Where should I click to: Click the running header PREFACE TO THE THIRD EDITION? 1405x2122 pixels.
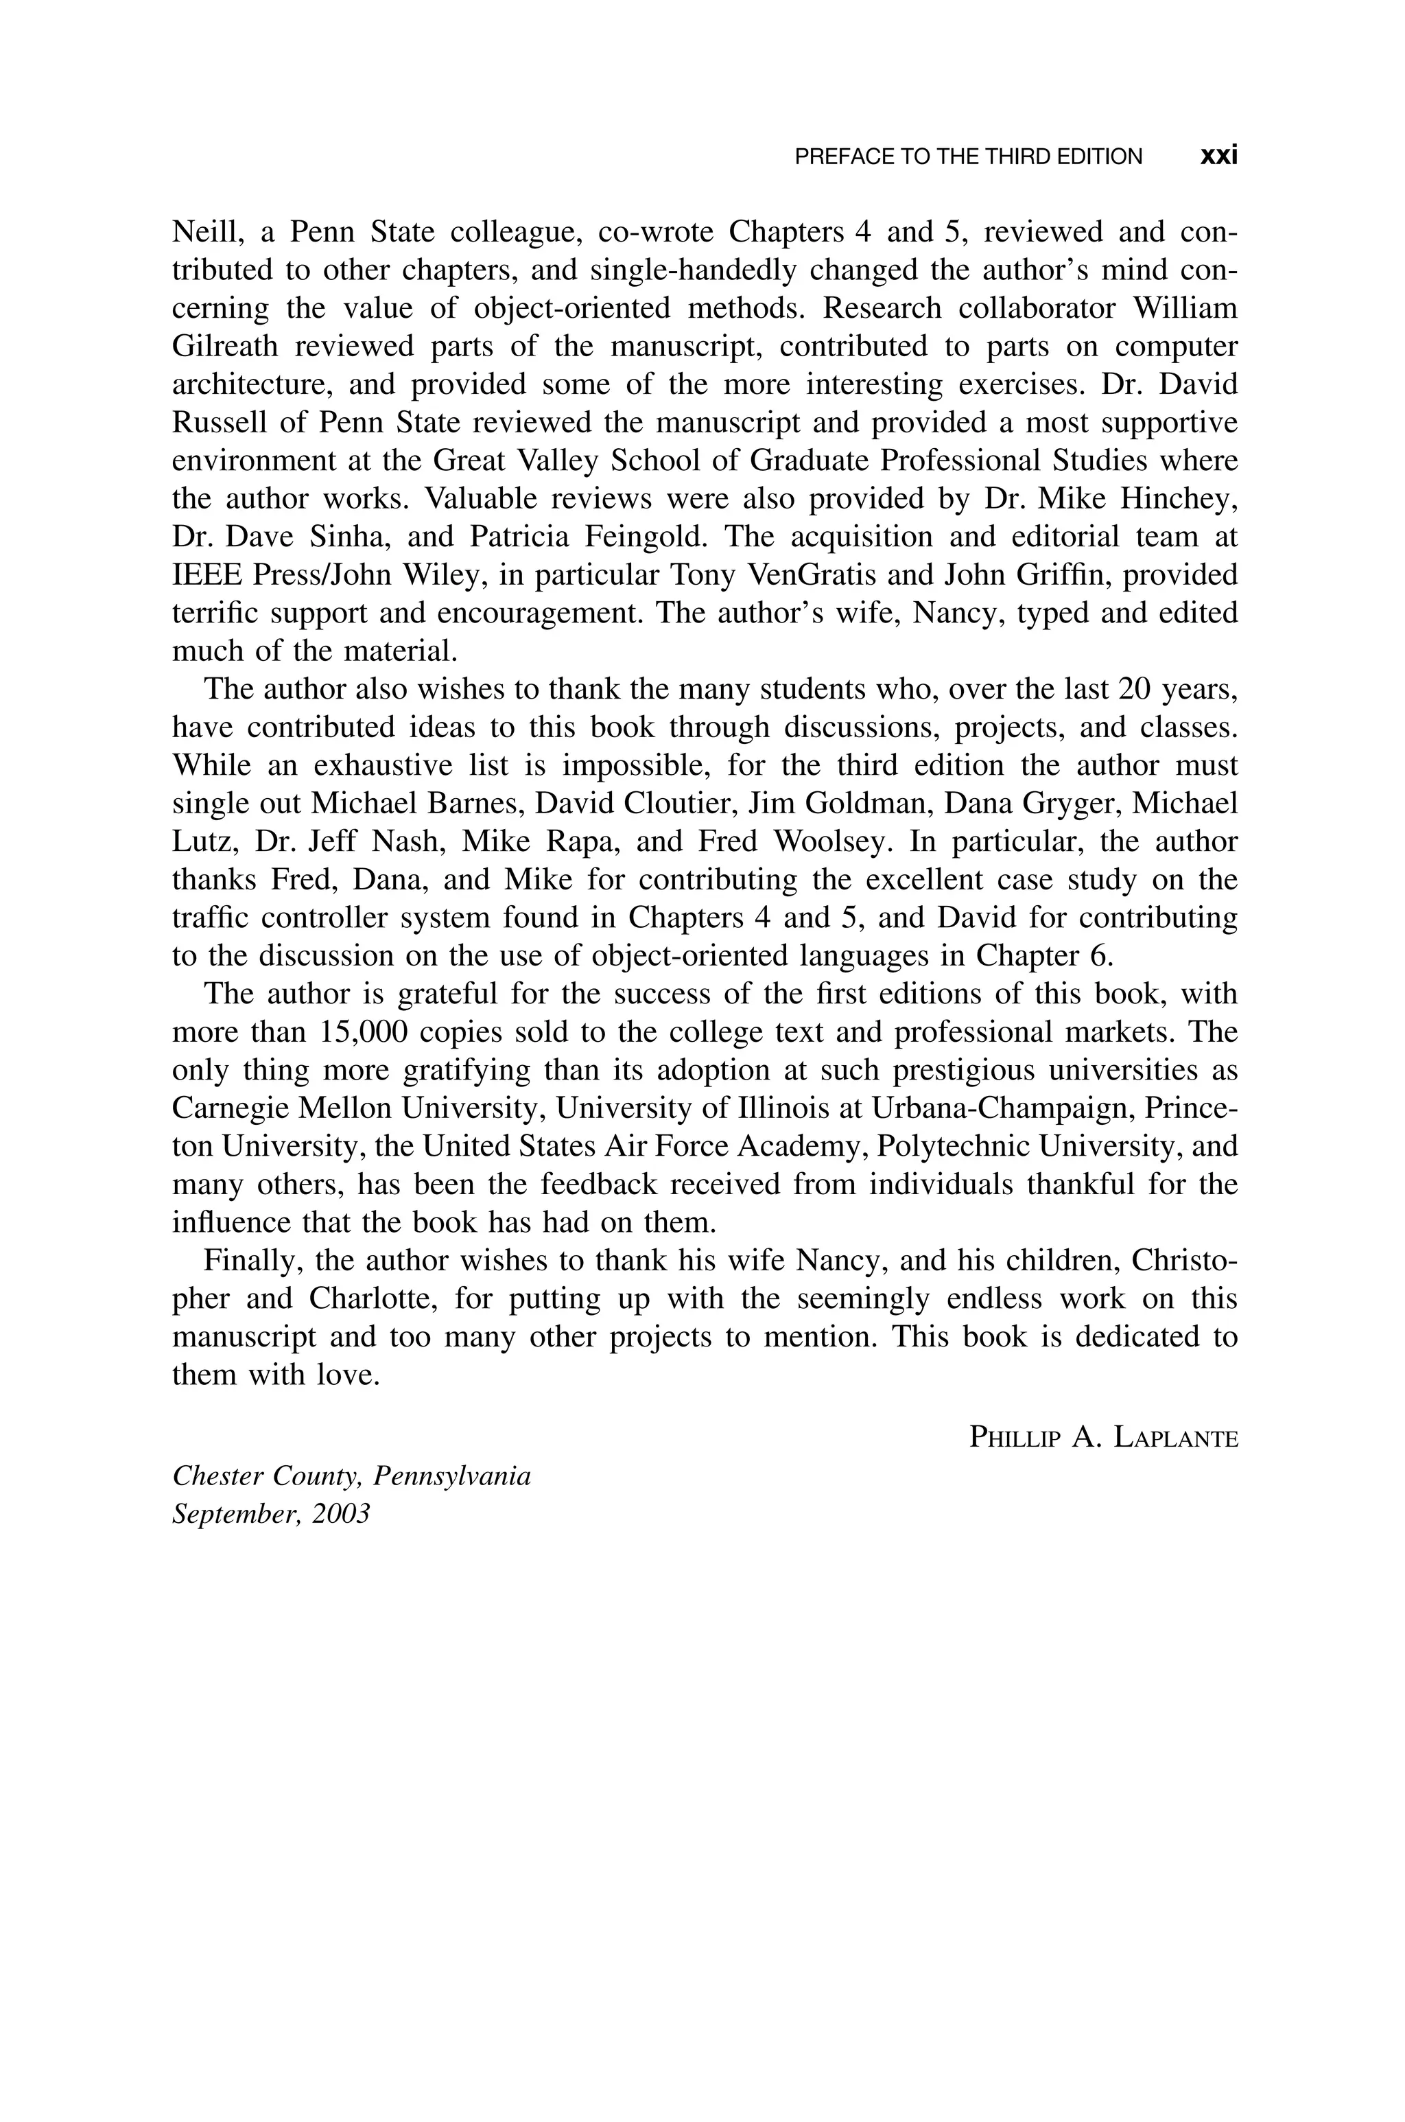(x=969, y=157)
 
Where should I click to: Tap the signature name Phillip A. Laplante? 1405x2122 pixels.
(x=1104, y=1438)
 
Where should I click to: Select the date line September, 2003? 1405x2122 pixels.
(x=270, y=1515)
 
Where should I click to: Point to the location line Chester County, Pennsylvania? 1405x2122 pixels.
(x=351, y=1476)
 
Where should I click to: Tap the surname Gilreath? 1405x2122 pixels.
(x=225, y=346)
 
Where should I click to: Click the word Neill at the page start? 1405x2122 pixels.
(x=204, y=232)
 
